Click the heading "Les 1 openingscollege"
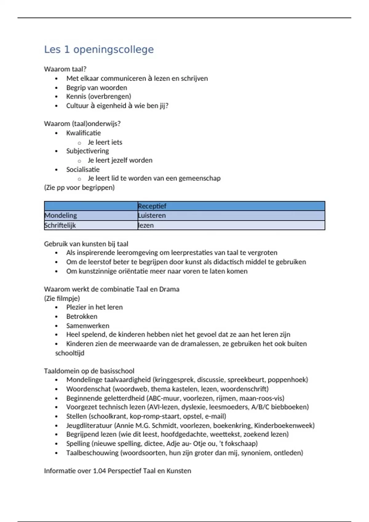click(99, 49)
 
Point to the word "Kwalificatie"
click(83, 133)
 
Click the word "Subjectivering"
click(87, 151)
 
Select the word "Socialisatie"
click(83, 169)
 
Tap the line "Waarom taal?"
click(65, 69)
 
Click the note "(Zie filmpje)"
click(62, 298)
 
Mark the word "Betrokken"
click(81, 317)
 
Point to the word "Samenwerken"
click(88, 326)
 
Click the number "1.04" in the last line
click(99, 471)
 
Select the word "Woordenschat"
click(88, 389)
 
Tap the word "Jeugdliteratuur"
click(89, 426)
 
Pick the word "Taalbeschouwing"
click(92, 453)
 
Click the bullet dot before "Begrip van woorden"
click(56, 88)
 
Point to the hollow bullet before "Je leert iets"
click(79, 143)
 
